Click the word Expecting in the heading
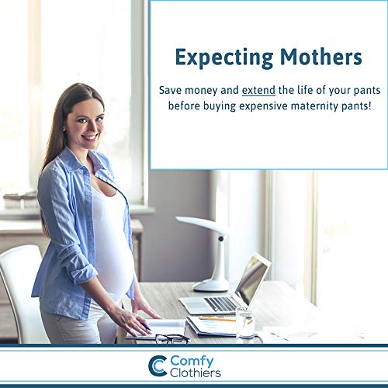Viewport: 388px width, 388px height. (x=224, y=58)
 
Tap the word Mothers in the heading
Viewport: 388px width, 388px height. (x=321, y=57)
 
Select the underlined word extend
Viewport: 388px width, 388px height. (x=258, y=90)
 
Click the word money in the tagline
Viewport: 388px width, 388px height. (x=201, y=91)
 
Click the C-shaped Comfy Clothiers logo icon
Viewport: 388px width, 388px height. (x=158, y=366)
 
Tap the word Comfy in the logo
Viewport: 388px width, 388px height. (x=192, y=361)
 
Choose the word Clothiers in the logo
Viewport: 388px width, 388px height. (x=196, y=373)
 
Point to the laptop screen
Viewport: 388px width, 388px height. (x=253, y=279)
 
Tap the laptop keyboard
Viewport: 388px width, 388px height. (x=220, y=304)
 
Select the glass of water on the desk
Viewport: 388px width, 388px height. (x=245, y=322)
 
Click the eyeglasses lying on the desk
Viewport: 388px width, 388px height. (x=172, y=339)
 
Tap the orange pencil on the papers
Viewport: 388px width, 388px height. (x=217, y=319)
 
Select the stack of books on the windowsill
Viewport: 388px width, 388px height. (x=21, y=199)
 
